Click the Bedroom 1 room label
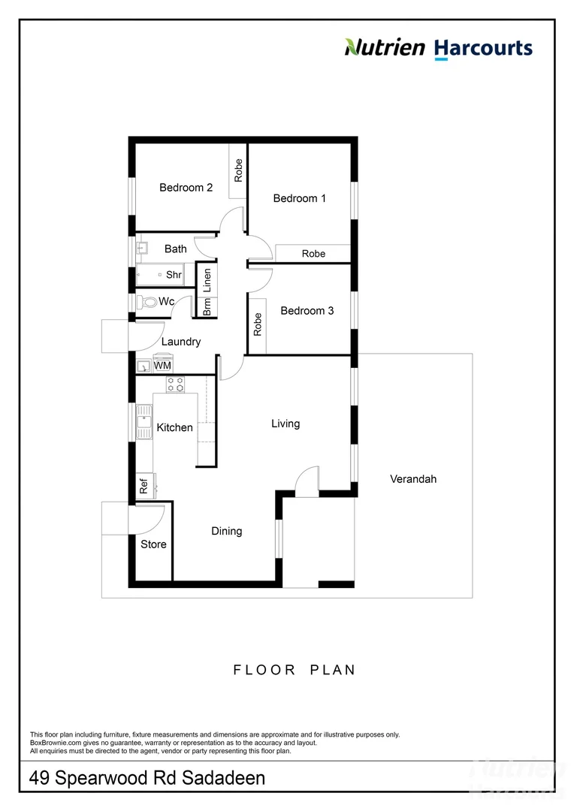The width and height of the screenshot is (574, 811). pyautogui.click(x=299, y=198)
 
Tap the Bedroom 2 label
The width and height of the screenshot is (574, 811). pyautogui.click(x=186, y=188)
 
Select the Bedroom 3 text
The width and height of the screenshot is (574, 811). pyautogui.click(x=307, y=310)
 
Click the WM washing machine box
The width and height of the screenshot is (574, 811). pyautogui.click(x=162, y=365)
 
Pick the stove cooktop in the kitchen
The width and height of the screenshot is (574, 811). pyautogui.click(x=176, y=384)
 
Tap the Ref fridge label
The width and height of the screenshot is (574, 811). pyautogui.click(x=143, y=486)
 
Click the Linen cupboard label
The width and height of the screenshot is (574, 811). pyautogui.click(x=207, y=279)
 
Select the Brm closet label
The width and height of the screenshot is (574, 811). pyautogui.click(x=207, y=307)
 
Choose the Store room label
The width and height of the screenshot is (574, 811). pyautogui.click(x=153, y=544)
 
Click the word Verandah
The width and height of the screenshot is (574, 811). pyautogui.click(x=412, y=478)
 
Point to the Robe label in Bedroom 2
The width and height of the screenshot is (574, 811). pyautogui.click(x=238, y=170)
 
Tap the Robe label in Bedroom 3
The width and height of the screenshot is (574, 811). pyautogui.click(x=257, y=324)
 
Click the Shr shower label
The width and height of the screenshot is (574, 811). pyautogui.click(x=174, y=275)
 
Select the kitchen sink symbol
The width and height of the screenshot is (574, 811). pyautogui.click(x=143, y=424)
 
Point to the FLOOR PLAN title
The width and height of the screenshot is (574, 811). pyautogui.click(x=294, y=670)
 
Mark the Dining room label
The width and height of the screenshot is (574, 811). pyautogui.click(x=226, y=531)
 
